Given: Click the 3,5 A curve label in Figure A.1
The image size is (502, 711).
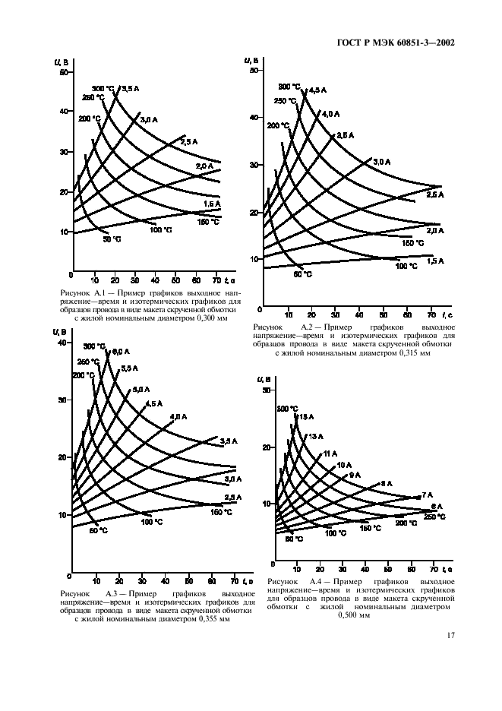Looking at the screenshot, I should (x=130, y=89).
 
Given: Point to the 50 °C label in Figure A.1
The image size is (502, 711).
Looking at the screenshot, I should (x=112, y=240).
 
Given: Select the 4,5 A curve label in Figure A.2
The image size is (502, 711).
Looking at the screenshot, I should (x=317, y=90).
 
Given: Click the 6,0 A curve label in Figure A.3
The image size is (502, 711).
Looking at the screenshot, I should (x=121, y=351).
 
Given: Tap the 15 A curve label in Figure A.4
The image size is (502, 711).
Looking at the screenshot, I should (x=306, y=417).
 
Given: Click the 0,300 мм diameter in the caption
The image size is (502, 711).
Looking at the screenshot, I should (x=207, y=319).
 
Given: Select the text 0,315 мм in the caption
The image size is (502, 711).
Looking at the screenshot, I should (x=412, y=353).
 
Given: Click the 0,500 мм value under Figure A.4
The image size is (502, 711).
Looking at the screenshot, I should (x=354, y=616).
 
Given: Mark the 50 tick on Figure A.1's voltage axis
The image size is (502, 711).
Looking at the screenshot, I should (x=64, y=72).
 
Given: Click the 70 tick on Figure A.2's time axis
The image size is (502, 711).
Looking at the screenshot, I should (x=432, y=312).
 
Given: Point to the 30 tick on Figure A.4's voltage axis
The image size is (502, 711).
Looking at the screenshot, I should (x=267, y=390).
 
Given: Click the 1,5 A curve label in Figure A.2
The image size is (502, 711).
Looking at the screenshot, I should (x=434, y=261).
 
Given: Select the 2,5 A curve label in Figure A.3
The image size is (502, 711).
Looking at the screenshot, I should (x=232, y=498).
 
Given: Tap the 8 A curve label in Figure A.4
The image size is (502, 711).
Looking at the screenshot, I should (x=387, y=484).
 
